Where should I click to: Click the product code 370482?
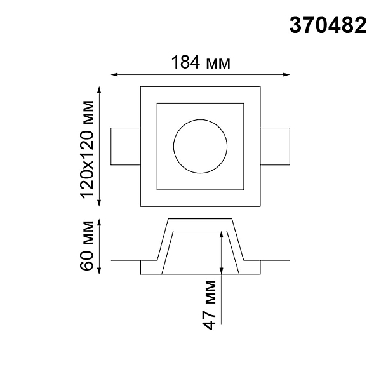click(x=328, y=25)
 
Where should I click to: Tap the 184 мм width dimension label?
click(x=201, y=62)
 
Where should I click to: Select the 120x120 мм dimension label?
click(x=87, y=149)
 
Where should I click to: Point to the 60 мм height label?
click(x=87, y=246)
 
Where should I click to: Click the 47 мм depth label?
click(x=209, y=305)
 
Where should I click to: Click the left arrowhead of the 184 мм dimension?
click(x=114, y=74)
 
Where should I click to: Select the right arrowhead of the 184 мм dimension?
click(x=287, y=74)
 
